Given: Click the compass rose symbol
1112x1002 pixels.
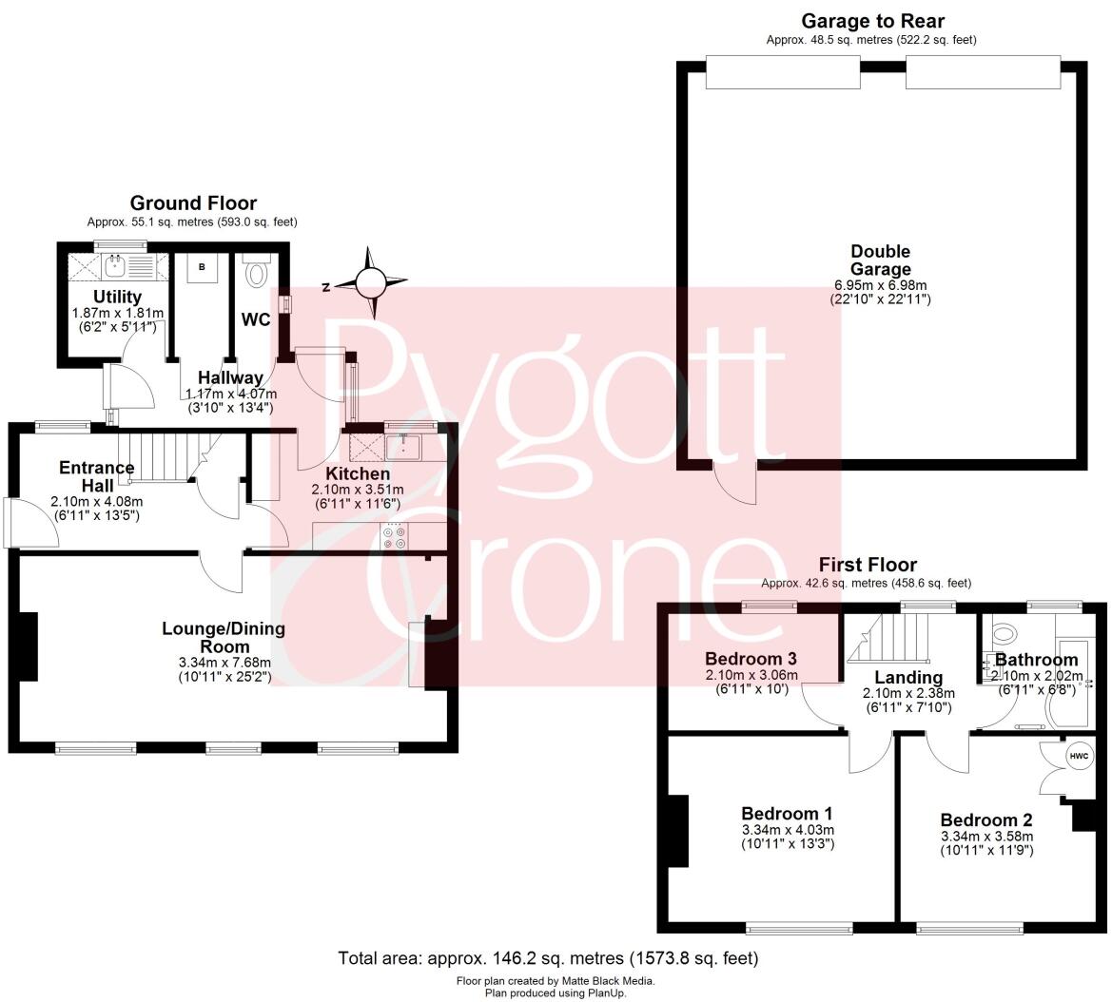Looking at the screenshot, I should pyautogui.click(x=372, y=282).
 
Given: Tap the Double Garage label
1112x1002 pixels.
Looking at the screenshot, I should pyautogui.click(x=880, y=260).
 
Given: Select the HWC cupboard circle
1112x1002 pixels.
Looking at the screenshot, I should pyautogui.click(x=1079, y=757).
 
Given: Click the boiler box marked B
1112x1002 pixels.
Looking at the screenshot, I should pyautogui.click(x=201, y=267).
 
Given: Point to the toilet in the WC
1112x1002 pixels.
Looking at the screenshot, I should pyautogui.click(x=256, y=274).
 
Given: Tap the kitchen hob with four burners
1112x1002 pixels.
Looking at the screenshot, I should pyautogui.click(x=393, y=537).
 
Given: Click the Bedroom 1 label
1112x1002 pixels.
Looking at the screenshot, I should pyautogui.click(x=787, y=814).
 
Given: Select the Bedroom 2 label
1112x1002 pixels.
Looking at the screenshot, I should pyautogui.click(x=985, y=820).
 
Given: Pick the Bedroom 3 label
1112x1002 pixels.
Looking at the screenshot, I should pyautogui.click(x=751, y=659).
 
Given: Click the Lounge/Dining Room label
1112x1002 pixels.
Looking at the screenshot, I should pyautogui.click(x=224, y=637).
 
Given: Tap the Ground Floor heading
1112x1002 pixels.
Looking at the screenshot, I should pyautogui.click(x=193, y=202).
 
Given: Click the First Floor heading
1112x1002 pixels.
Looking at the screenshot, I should pyautogui.click(x=866, y=565).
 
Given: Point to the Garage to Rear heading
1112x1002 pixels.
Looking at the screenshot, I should pyautogui.click(x=872, y=21).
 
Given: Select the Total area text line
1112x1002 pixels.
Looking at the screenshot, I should pyautogui.click(x=548, y=958).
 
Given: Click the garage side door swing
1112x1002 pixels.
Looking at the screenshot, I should pyautogui.click(x=736, y=482).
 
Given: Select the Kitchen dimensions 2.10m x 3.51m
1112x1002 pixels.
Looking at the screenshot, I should pyautogui.click(x=358, y=491).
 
